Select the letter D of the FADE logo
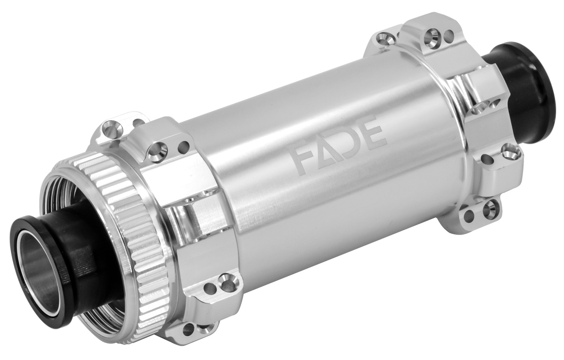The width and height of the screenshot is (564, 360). [348, 144]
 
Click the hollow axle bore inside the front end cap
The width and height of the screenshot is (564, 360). [38, 255]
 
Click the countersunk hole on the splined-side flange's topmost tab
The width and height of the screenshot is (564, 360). [111, 130]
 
